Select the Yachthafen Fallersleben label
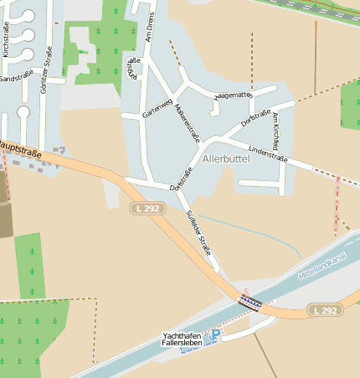pyautogui.click(x=182, y=339)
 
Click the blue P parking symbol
pyautogui.click(x=215, y=334)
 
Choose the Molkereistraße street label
pyautogui.click(x=188, y=122)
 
